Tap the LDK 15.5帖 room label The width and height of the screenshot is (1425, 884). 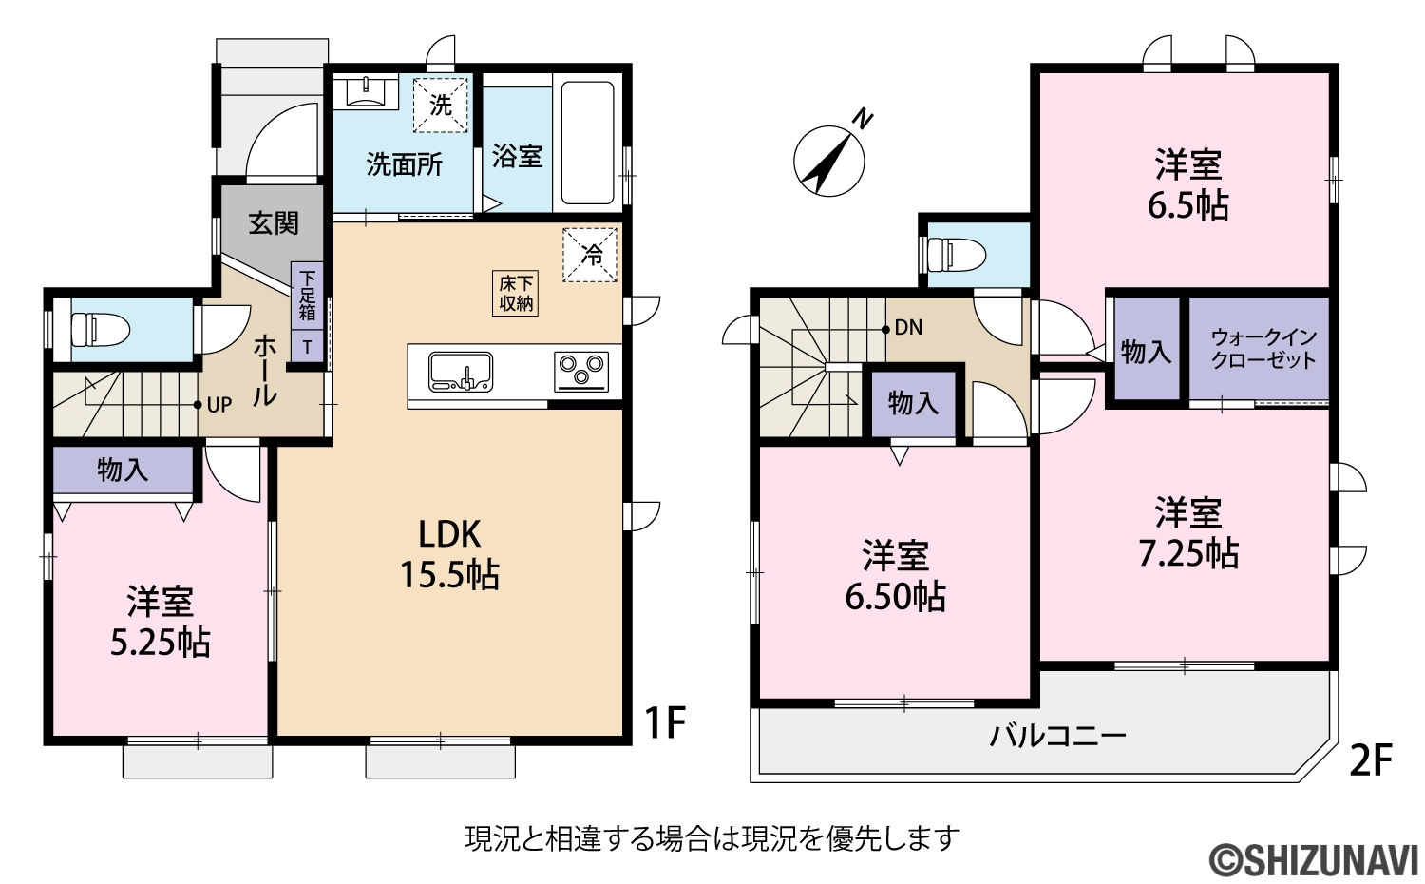pos(449,554)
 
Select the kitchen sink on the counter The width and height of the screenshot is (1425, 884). pos(461,372)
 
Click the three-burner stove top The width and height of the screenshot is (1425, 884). pos(580,372)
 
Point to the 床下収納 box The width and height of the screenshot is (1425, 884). pos(515,294)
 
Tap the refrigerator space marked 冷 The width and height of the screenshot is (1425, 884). pos(590,255)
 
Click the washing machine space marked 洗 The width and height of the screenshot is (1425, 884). pos(440,105)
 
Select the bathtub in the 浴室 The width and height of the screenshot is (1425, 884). pos(587,143)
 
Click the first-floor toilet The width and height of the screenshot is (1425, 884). pos(100,330)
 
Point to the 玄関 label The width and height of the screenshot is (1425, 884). pos(274,223)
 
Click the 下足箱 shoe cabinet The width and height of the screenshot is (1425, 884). pos(307,296)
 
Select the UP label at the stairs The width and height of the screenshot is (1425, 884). pos(219,405)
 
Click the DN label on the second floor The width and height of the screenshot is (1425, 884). pos(908,327)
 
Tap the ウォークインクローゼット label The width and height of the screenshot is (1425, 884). pos(1263,350)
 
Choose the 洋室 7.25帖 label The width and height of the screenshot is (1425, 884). pos(1188,532)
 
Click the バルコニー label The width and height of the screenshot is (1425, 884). pos(1058,737)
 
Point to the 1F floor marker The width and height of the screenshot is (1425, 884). pos(665,723)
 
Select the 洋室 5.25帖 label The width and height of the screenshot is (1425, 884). pos(161,622)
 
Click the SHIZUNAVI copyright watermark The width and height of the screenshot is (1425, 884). pos(1314,861)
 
